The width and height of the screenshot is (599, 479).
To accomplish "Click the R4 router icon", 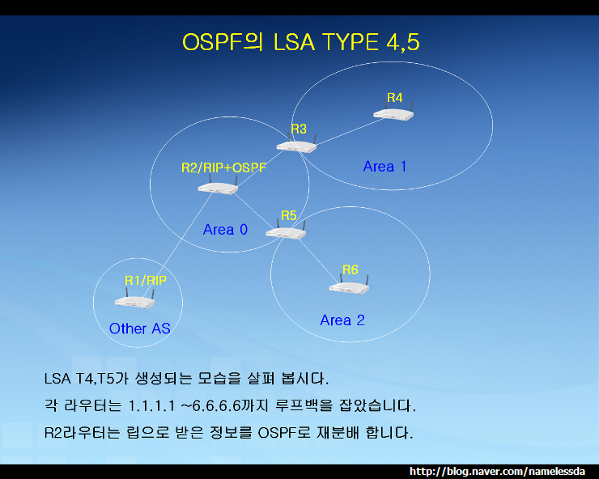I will point(394,113).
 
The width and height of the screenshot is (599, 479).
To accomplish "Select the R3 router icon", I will point(296,146).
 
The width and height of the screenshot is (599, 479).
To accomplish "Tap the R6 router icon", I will point(349,286).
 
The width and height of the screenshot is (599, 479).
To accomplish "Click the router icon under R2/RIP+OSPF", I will point(217,187).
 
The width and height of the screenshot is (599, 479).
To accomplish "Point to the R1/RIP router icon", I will point(134,300).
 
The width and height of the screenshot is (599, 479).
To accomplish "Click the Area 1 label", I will point(384,167).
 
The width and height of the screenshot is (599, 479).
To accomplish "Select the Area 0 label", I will point(225,230).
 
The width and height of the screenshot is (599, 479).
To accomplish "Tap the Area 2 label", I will point(342,320).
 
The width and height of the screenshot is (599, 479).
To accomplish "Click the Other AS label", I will point(139,329).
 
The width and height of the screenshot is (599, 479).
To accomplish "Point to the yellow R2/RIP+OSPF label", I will point(223,168).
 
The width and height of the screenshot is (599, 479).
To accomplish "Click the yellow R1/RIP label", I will point(146,280).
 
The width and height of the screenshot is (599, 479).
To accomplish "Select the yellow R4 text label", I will point(394,98).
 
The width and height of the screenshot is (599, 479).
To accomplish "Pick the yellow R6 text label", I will point(350,269).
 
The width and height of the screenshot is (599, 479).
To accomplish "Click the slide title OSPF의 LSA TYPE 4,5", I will point(299,43).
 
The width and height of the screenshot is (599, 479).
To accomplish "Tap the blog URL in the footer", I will point(502,471).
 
